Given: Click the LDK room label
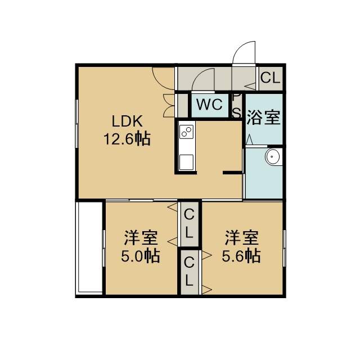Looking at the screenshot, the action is [127, 121].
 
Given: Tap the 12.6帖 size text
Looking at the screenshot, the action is [127, 138].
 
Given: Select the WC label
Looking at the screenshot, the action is [209, 105].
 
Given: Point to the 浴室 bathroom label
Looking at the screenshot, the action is [263, 118].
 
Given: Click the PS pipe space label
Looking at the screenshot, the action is [236, 106].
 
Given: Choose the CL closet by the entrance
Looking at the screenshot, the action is [271, 78].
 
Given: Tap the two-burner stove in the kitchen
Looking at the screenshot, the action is [186, 132].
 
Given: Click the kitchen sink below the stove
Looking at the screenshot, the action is [186, 162].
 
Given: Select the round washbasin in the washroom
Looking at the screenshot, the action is [273, 156].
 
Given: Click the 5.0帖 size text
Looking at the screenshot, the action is [141, 256].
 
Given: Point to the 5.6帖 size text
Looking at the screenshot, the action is [241, 256].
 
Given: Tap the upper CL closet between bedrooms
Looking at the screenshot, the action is [189, 224].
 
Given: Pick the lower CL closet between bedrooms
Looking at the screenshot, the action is [189, 271].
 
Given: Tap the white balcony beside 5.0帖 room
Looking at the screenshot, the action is [89, 247].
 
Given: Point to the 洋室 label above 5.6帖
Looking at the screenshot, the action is [241, 238].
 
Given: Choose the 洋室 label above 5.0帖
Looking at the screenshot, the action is [141, 238].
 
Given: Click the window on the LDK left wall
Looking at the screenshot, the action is [77, 124].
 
